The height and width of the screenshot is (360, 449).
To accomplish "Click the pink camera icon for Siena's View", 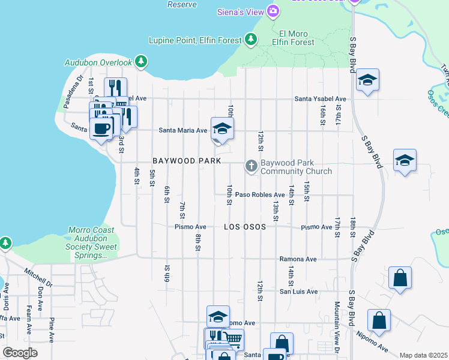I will [x=273, y=11].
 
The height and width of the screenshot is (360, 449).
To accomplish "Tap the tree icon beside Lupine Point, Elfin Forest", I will [x=251, y=40].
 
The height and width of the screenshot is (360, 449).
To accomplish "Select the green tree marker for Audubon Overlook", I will [x=141, y=61].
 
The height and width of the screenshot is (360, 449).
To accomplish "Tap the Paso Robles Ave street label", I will [x=259, y=195].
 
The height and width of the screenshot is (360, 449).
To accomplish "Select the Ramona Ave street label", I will [x=297, y=259].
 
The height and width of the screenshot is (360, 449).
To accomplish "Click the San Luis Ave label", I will [x=298, y=292].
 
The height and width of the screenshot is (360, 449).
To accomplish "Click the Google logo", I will [x=20, y=353].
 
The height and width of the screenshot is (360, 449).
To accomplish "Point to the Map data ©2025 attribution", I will [x=423, y=355].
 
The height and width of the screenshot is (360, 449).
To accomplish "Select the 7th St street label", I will [x=182, y=210].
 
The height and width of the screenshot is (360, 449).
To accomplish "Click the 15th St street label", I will [x=306, y=191].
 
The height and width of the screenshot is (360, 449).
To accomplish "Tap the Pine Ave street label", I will [x=52, y=327].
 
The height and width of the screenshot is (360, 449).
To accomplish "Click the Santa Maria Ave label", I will [x=182, y=130].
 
